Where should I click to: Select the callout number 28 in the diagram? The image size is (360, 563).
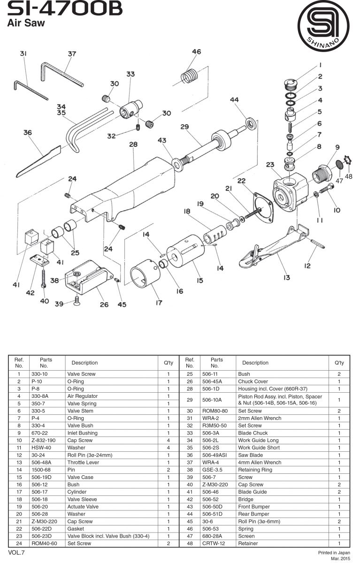click(133, 145)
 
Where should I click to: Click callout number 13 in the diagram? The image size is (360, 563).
click(286, 277)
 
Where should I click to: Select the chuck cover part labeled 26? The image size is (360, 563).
click(89, 281)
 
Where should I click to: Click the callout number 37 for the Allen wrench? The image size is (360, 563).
click(71, 54)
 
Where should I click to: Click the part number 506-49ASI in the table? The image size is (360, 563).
click(215, 455)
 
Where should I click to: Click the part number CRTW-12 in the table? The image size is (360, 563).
click(212, 543)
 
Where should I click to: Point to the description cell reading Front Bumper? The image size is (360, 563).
click(255, 507)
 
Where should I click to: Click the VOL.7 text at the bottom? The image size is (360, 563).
click(16, 552)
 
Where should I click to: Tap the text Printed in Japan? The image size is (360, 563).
click(334, 553)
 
